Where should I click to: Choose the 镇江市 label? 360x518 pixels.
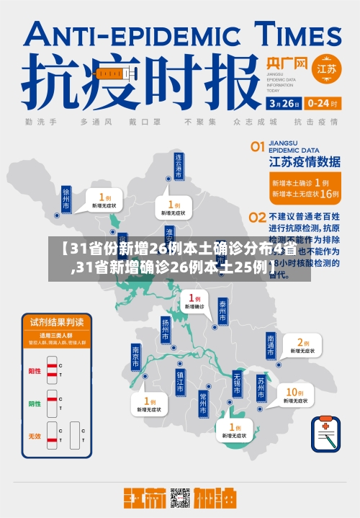coord(180,381)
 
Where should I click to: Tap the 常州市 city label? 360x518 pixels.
coord(203,403)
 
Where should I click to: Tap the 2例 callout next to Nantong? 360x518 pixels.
coord(298,345)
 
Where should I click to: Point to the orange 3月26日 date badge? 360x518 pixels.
coord(284,103)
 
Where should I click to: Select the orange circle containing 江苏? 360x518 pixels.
coord(326,70)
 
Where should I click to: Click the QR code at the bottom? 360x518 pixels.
coord(179,500)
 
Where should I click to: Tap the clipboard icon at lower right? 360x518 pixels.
coord(326,433)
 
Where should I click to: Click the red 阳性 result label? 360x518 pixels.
coord(35,371)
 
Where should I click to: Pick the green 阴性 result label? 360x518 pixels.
coord(35,403)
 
